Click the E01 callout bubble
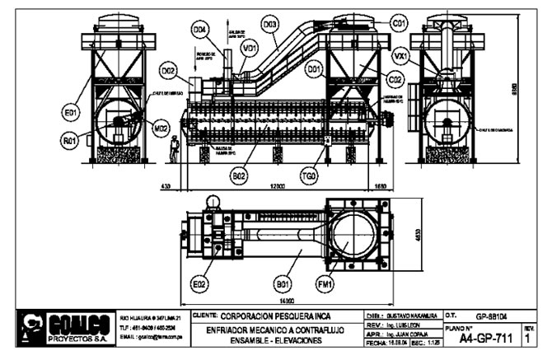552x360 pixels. click(71, 110)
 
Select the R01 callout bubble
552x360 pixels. click(71, 141)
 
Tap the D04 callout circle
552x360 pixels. click(199, 30)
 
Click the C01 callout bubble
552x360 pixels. click(399, 22)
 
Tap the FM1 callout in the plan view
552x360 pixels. click(325, 286)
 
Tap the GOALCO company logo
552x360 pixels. click(70, 328)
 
